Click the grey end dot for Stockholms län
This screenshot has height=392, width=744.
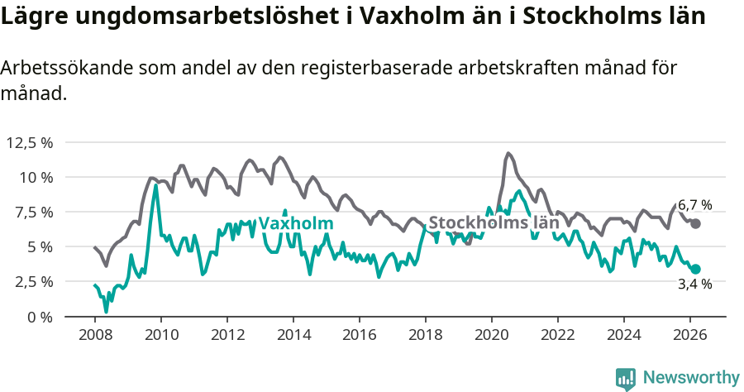[x=696, y=223]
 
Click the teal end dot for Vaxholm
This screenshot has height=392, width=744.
[x=696, y=269]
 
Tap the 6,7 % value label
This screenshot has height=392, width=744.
[x=694, y=205]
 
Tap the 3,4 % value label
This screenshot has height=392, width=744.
[x=694, y=284]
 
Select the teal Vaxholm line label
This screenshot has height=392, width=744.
[x=296, y=223]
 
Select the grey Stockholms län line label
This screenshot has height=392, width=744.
[x=494, y=223]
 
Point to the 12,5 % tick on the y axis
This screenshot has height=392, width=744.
[x=30, y=142]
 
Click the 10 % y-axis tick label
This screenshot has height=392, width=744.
[x=36, y=177]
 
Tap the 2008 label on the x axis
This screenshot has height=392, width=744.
[x=94, y=335]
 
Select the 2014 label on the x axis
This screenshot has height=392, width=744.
[x=293, y=335]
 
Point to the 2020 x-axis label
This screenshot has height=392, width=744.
[x=491, y=335]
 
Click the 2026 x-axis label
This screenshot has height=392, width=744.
[x=689, y=335]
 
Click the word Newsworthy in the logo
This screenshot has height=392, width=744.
[x=691, y=378]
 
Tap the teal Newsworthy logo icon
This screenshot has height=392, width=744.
[x=626, y=379]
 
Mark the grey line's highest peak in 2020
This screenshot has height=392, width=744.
[x=508, y=153]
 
